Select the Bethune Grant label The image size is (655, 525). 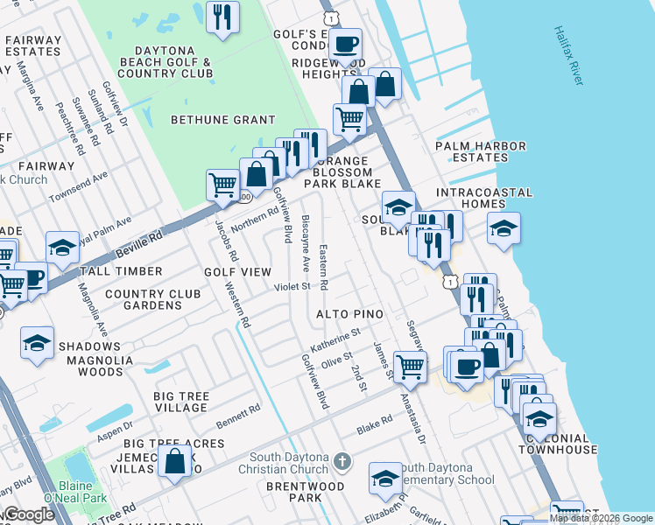click(x=222, y=120)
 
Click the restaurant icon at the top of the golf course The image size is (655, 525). click(x=222, y=17)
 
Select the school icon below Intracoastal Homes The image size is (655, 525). click(x=504, y=228)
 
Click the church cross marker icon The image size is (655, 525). click(x=343, y=459)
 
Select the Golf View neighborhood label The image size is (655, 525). click(x=238, y=272)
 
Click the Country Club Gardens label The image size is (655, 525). click(x=155, y=299)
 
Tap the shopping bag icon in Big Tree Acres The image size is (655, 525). click(x=176, y=460)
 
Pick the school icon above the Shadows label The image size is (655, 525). click(x=37, y=341)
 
